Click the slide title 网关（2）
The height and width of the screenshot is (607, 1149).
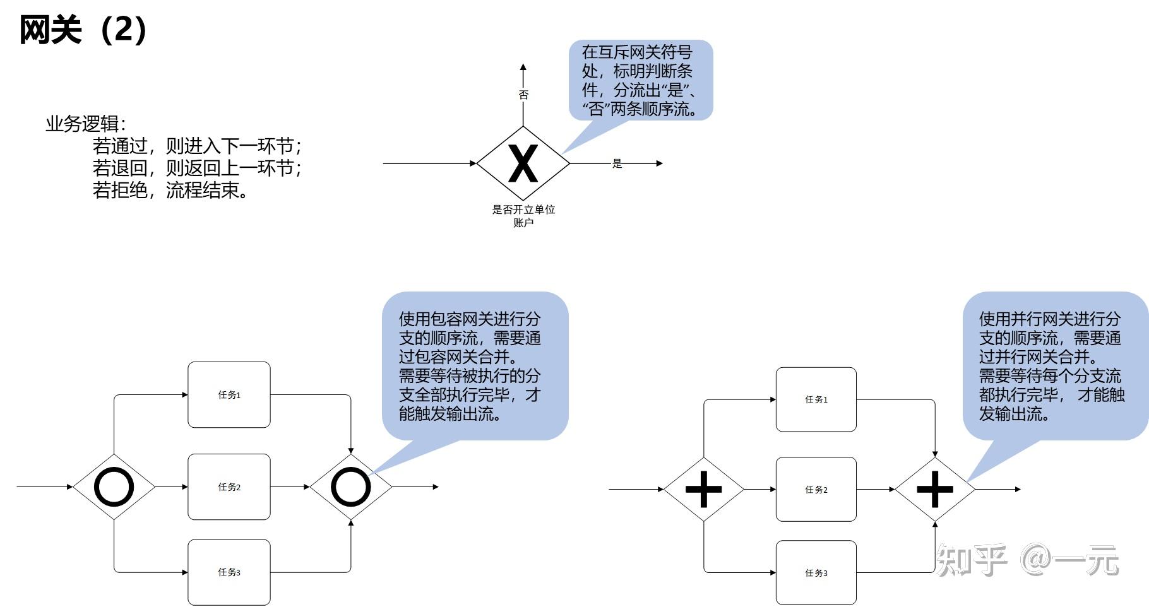(x=83, y=30)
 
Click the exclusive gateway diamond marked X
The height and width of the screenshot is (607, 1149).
(x=523, y=163)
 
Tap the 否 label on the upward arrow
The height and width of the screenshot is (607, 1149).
(x=523, y=95)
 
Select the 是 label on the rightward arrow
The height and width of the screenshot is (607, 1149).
(x=617, y=163)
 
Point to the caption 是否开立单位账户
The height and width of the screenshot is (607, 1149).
(x=523, y=216)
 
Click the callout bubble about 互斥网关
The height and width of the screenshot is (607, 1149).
(x=640, y=80)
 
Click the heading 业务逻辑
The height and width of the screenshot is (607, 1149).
(x=85, y=124)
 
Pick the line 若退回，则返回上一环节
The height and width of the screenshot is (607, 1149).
(x=197, y=168)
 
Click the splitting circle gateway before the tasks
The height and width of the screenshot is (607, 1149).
(x=114, y=487)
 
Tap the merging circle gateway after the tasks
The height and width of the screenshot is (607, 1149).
(x=350, y=487)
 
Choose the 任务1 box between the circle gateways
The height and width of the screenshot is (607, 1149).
(x=229, y=395)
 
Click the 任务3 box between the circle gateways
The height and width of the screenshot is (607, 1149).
(x=229, y=572)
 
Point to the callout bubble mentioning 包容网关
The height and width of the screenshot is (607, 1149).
(x=475, y=366)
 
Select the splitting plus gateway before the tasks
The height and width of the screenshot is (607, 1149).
(x=703, y=489)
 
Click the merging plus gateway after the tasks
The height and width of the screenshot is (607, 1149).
(x=935, y=489)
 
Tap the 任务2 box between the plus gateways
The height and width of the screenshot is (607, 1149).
(x=816, y=490)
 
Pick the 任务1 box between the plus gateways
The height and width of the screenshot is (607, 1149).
(x=816, y=399)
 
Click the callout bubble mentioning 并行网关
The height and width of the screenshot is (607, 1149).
(x=1054, y=366)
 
